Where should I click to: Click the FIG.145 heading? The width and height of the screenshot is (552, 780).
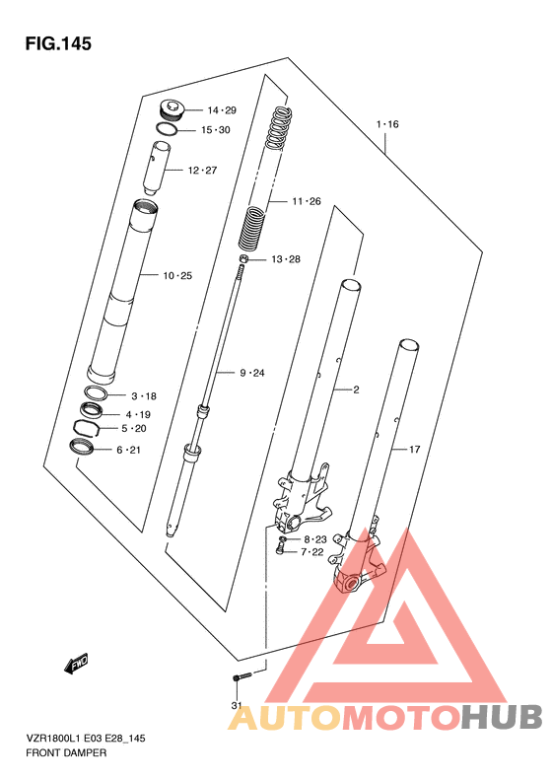(58, 43)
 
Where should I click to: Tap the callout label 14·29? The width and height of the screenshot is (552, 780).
(222, 110)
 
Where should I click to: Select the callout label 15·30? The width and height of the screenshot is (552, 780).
(216, 130)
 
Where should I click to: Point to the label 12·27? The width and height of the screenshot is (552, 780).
(202, 171)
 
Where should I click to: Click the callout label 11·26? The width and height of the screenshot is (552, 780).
(307, 201)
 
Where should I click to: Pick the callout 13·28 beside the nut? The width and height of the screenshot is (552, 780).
(286, 259)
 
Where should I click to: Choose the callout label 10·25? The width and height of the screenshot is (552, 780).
(177, 275)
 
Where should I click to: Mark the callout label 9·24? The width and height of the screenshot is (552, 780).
(252, 373)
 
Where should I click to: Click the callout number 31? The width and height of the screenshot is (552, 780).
(237, 705)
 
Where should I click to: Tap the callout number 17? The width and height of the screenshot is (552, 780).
(415, 450)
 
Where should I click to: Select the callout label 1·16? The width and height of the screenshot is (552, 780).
(387, 124)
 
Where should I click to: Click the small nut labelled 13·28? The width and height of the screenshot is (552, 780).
(243, 258)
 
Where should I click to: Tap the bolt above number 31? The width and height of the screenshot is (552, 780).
(242, 677)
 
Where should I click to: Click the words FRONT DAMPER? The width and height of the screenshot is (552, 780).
(66, 753)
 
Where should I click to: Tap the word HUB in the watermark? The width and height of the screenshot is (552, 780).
(501, 717)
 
